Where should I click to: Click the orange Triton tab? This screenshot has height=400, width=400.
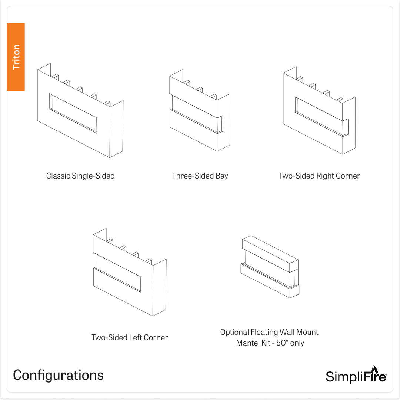(16, 57)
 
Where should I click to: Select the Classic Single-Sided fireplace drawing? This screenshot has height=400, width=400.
(80, 111)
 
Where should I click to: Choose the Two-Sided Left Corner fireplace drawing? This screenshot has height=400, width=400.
(130, 272)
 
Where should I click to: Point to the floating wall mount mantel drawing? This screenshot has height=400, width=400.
(270, 267)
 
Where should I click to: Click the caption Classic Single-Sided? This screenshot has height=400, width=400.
(80, 176)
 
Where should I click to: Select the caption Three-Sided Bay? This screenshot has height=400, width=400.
(200, 176)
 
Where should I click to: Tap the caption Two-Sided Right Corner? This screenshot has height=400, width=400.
(319, 176)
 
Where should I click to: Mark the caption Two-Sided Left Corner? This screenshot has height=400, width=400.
(130, 337)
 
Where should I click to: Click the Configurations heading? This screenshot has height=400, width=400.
(58, 375)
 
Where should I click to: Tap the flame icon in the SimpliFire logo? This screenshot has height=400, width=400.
(374, 370)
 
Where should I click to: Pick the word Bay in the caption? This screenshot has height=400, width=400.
(222, 176)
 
